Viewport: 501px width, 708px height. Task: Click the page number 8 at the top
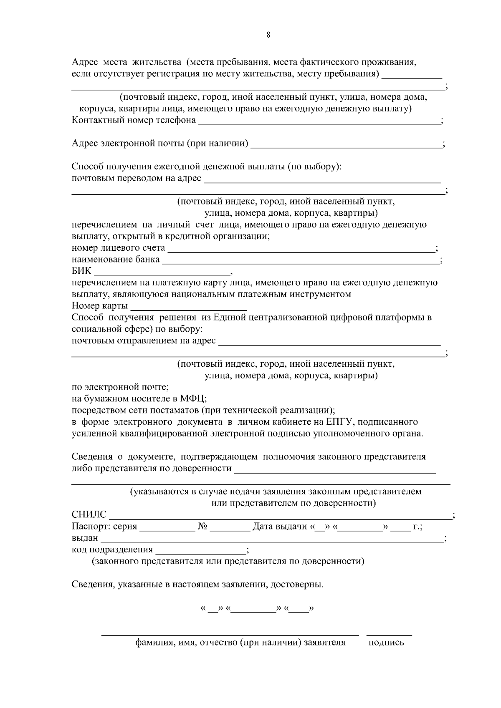pos(268,35)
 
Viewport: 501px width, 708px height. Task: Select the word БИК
pos(81,271)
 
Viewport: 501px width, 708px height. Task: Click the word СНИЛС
pos(89,515)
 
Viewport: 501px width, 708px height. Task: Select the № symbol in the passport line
pos(203,527)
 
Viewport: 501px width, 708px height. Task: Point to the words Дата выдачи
pos(279,527)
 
